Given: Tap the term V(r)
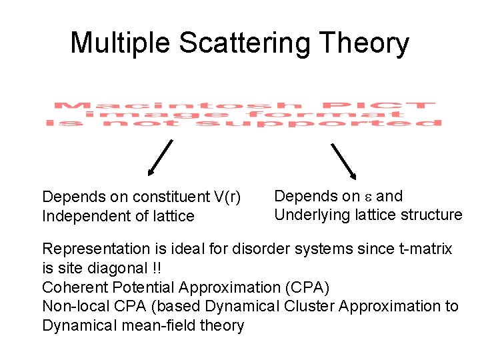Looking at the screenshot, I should pyautogui.click(x=226, y=197).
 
